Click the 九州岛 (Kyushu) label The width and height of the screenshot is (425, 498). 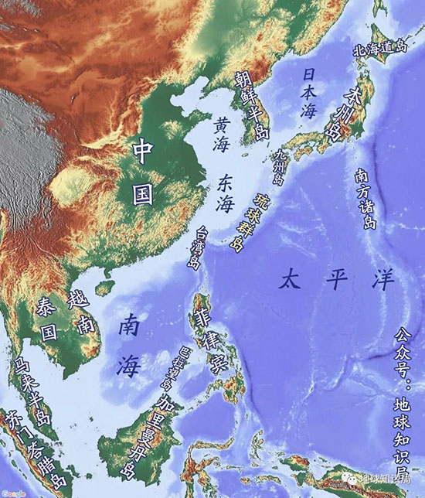[x=279, y=165]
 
